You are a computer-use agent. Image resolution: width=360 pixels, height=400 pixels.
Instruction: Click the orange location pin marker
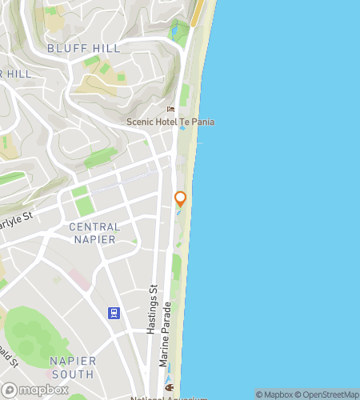(181, 199)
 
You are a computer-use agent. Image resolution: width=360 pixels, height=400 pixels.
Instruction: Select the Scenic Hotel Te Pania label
(170, 122)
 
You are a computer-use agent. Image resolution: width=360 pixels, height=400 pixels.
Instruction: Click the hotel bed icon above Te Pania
(170, 109)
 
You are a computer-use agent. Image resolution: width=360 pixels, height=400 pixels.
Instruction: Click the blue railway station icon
(114, 312)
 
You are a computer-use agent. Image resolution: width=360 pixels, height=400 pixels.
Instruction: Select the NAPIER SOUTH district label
(73, 367)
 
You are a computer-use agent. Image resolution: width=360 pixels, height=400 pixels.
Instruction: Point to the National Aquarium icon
(170, 388)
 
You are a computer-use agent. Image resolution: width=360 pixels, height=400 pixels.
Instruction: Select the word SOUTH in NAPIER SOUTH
(73, 374)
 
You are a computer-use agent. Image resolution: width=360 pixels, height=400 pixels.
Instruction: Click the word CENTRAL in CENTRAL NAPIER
(94, 227)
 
